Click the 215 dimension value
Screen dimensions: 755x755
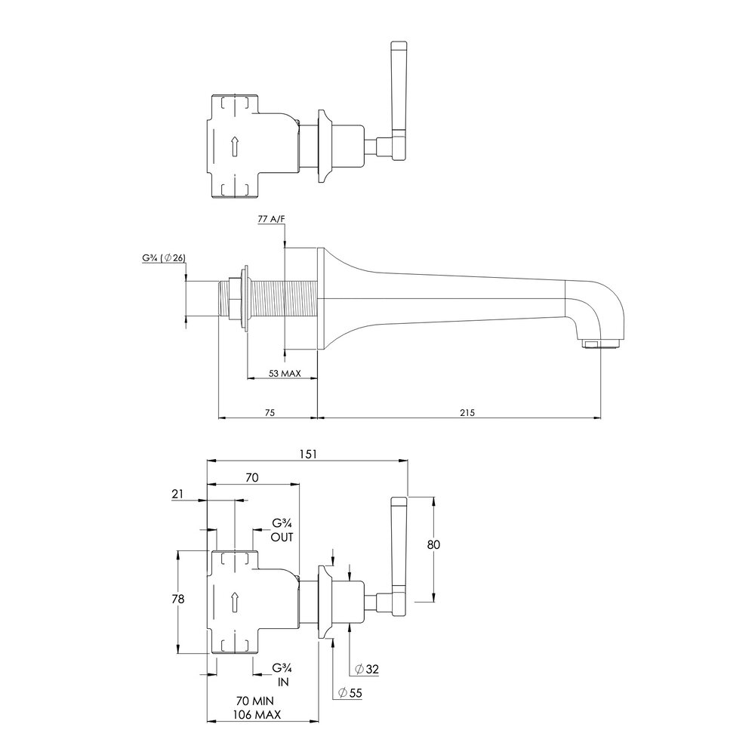467,412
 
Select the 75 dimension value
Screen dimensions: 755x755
270,412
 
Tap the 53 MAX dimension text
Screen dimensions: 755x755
285,373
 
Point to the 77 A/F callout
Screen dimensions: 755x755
272,219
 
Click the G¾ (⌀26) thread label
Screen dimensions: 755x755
164,258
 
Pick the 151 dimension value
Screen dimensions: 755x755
308,454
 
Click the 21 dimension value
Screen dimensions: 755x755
177,494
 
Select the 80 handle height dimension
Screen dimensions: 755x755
433,544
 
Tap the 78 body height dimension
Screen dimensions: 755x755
177,599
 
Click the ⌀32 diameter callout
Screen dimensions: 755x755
366,669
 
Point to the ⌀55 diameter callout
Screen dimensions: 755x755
350,693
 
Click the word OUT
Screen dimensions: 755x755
282,537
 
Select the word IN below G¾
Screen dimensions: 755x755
283,682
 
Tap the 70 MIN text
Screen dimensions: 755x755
254,701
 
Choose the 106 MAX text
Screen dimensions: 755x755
257,714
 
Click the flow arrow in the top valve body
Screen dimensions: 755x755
235,146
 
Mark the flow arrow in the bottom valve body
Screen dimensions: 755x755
235,602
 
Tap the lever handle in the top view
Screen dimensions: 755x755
399,101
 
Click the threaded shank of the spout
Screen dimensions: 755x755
282,298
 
